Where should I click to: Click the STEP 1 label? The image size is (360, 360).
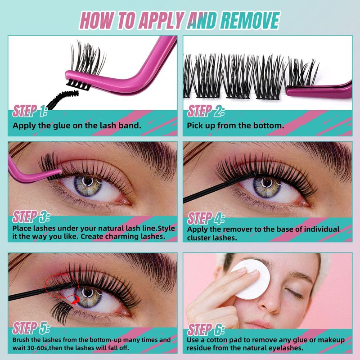coord(30,111)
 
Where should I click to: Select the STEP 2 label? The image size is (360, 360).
coord(206,111)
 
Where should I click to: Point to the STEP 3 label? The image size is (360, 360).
coord(31,217)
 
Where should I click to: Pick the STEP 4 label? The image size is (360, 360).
coord(206,218)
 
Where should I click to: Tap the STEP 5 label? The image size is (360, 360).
coord(31,328)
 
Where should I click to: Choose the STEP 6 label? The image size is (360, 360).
coord(206,329)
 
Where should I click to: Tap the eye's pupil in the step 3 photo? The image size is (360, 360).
coord(88,182)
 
